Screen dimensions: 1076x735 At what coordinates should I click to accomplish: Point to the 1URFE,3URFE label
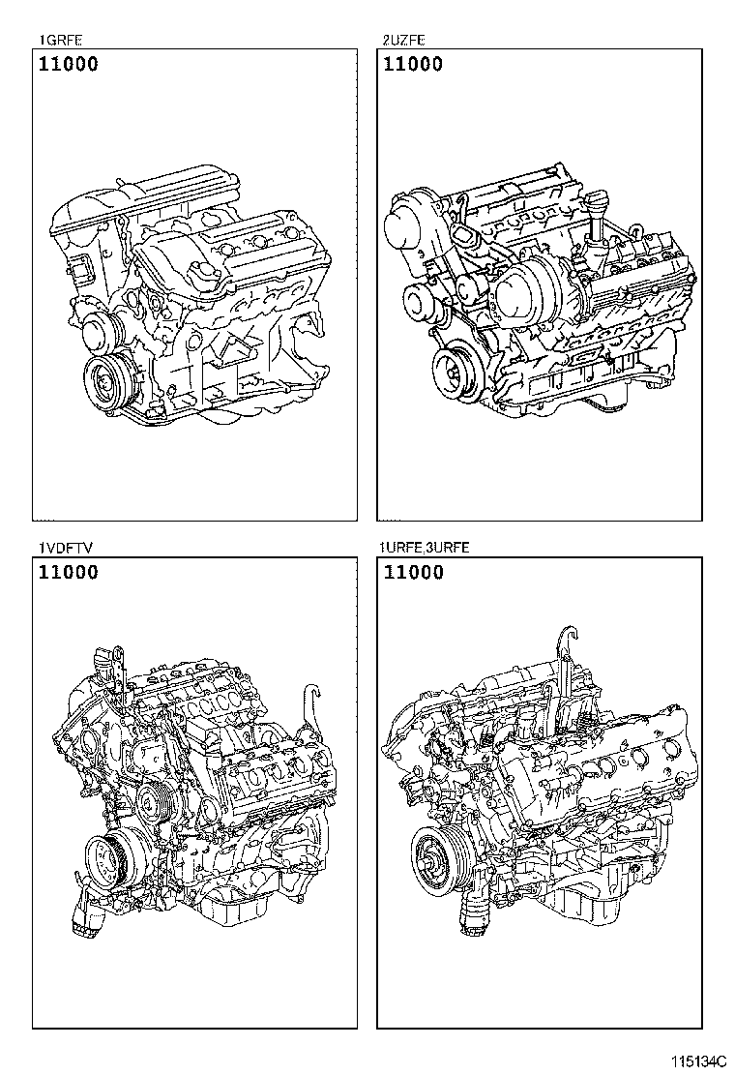coord(425,548)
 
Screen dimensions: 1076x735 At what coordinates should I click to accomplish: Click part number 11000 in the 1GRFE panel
coord(68,65)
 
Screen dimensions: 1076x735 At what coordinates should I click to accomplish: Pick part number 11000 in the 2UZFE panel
coord(414,65)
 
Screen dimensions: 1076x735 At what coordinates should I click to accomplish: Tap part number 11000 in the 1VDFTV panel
coord(68,573)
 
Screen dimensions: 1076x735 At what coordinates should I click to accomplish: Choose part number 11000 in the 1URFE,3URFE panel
coord(414,573)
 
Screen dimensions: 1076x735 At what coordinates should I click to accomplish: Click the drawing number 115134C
coord(698,1061)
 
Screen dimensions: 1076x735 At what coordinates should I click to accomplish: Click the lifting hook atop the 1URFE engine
coord(567,645)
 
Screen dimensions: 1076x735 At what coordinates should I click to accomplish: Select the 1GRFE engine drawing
coord(191,290)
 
